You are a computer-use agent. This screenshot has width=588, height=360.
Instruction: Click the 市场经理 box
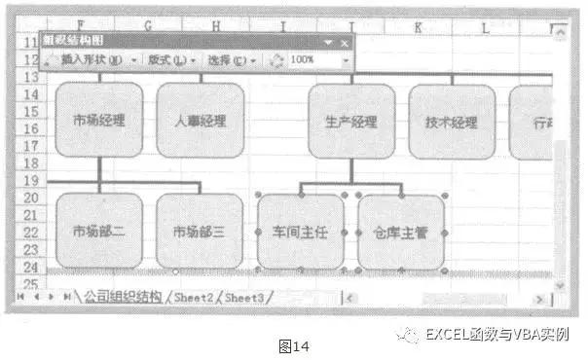99,121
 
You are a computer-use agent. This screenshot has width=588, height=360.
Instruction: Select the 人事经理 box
200,122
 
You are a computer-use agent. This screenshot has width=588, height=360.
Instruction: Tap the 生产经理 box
351,123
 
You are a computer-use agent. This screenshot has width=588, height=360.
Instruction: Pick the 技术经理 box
452,123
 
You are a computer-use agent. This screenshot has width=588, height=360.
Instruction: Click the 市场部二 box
99,232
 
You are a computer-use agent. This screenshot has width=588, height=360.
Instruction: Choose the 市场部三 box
200,232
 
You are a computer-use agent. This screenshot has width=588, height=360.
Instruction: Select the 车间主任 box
301,233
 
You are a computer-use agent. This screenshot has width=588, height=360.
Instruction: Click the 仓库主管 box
401,233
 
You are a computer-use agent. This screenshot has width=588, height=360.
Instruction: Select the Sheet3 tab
244,297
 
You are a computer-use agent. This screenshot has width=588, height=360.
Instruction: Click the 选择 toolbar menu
231,60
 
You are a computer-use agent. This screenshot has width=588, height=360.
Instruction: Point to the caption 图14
293,342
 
